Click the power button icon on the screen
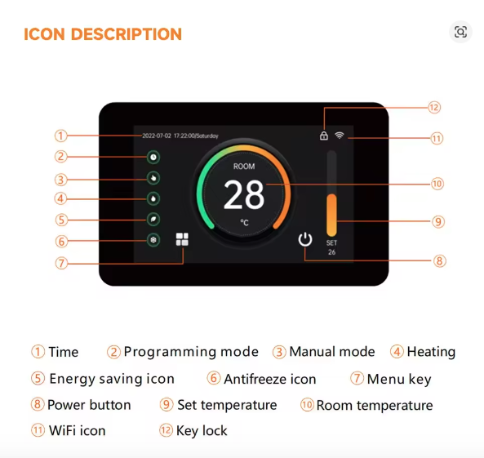pos(305,239)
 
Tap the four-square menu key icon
pos(182,240)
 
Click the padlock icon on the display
pos(324,136)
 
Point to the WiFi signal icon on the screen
pos(340,136)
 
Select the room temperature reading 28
pos(244,196)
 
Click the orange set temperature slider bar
pos(331,214)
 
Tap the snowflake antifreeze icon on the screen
pos(153,240)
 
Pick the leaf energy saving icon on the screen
pos(153,219)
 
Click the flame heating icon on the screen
pos(153,198)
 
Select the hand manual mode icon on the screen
pos(153,177)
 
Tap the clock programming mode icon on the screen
pos(153,157)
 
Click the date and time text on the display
pos(180,136)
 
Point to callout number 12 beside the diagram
pos(434,108)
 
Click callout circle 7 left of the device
pos(61,263)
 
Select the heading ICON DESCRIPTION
pos(103,34)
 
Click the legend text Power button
pos(89,405)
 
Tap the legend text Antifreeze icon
pos(269,379)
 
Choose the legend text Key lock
pos(202,430)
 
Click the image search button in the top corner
pos(460,32)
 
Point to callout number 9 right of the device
pos(438,221)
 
